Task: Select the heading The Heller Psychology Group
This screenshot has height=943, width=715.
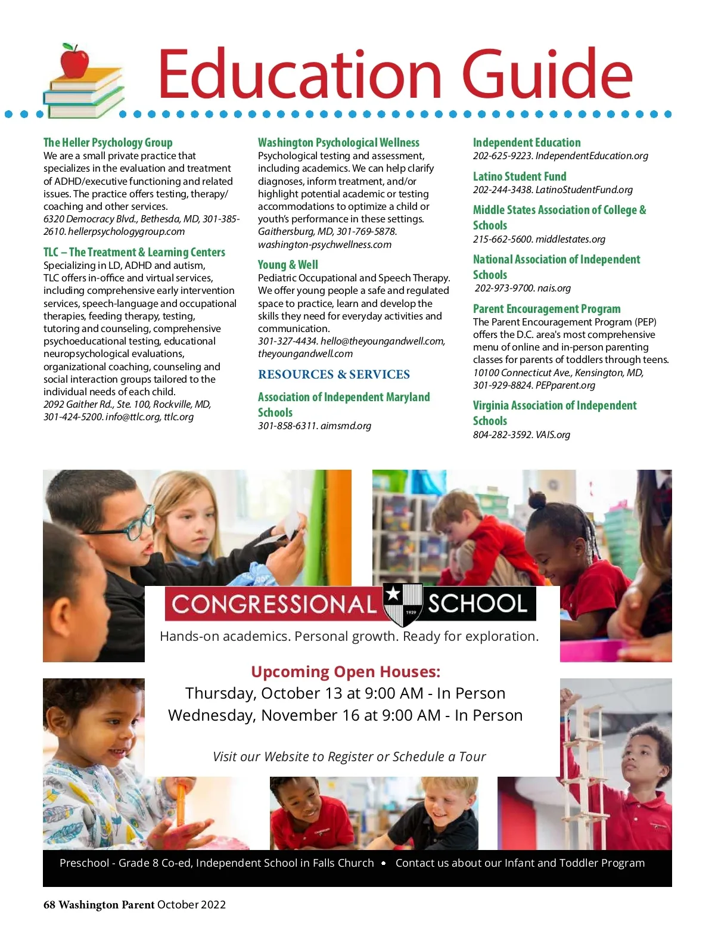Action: click(108, 142)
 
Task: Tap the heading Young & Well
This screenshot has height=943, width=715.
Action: click(288, 265)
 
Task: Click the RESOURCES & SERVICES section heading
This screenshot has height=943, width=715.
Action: click(334, 374)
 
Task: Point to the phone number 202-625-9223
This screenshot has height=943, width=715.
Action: click(502, 156)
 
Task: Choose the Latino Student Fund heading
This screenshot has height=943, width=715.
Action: click(520, 176)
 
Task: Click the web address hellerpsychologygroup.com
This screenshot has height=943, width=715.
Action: click(126, 232)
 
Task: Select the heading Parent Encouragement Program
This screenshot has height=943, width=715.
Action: click(546, 309)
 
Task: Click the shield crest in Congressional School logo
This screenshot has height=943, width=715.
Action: click(403, 604)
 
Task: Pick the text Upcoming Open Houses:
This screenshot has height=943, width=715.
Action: click(346, 672)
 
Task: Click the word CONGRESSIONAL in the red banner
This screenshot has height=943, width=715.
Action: click(274, 604)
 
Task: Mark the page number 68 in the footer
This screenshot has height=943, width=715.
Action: click(49, 905)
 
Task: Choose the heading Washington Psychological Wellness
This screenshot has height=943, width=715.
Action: click(338, 142)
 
